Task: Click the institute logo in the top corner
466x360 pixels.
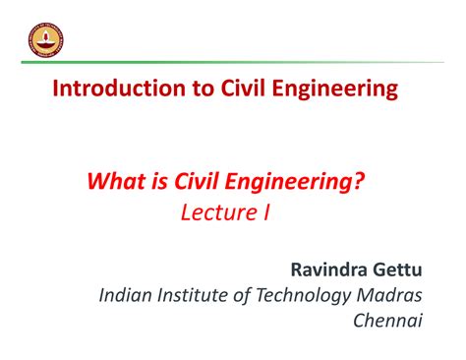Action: [39, 38]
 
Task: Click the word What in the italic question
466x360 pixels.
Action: [116, 181]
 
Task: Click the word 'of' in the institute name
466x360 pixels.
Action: [254, 296]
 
